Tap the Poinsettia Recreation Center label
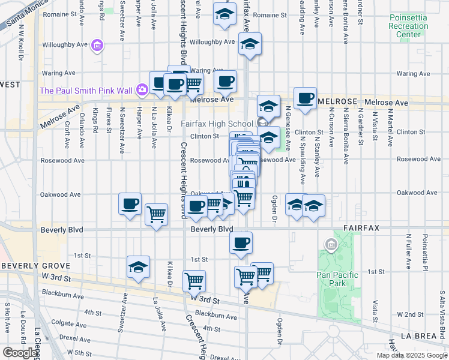coord(408,26)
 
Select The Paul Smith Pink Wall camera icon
coord(142,90)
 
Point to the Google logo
coord(20,352)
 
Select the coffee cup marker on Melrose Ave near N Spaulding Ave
coord(305,98)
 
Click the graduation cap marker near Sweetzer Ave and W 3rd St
coord(138,267)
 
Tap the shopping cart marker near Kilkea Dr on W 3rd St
coord(194,280)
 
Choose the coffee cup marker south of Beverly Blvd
coord(241,242)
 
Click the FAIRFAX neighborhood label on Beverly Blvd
coord(364,229)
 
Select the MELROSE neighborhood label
coord(338,102)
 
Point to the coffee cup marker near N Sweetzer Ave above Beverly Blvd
coord(130,204)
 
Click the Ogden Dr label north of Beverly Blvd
coord(274,209)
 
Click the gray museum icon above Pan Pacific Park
coord(330,244)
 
